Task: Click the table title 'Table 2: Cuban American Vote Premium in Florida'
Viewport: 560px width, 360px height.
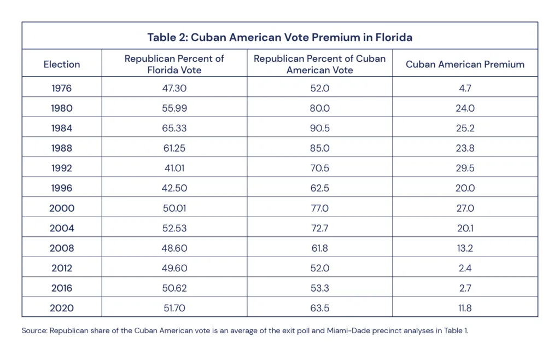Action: (279, 37)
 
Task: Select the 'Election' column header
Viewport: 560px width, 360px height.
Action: (62, 64)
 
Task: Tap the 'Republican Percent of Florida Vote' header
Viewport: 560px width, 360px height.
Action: (174, 64)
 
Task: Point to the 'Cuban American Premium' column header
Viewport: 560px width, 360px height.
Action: (465, 64)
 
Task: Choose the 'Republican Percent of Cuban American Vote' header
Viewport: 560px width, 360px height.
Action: (319, 64)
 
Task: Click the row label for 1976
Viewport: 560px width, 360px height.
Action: (62, 88)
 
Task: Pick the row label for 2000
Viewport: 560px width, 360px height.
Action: (62, 208)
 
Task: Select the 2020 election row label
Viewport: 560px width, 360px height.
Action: (62, 308)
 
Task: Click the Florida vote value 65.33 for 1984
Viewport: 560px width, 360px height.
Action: (174, 128)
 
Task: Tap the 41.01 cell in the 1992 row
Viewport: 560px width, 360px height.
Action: (174, 168)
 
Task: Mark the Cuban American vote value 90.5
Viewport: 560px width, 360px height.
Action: (319, 128)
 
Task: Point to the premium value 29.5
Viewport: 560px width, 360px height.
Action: (465, 168)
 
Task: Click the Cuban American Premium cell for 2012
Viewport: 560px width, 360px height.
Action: (465, 268)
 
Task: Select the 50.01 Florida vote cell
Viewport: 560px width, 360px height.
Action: (174, 208)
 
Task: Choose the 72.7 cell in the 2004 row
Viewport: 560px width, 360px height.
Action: (319, 228)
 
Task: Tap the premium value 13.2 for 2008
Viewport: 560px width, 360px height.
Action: (465, 248)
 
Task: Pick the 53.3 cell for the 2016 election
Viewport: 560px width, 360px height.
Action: (319, 288)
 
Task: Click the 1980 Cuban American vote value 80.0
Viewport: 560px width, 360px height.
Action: (319, 108)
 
